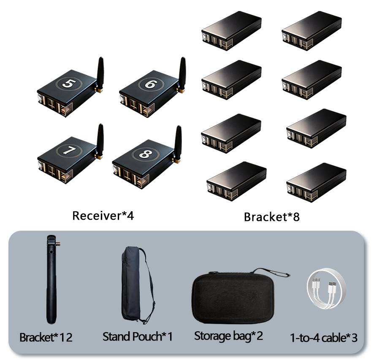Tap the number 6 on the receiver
(x=151, y=84)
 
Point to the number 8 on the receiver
(x=146, y=154)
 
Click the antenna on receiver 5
(x=100, y=73)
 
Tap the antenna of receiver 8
(x=178, y=142)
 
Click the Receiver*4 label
(x=103, y=215)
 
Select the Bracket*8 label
(x=272, y=217)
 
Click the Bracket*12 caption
(x=46, y=337)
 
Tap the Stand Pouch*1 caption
(x=137, y=337)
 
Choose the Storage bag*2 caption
(x=228, y=336)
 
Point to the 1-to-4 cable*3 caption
(x=324, y=338)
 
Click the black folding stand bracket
(x=51, y=279)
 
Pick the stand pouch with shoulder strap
(x=137, y=285)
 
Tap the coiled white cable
(x=326, y=289)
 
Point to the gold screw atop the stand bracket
(x=58, y=244)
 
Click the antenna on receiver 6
(x=182, y=73)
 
